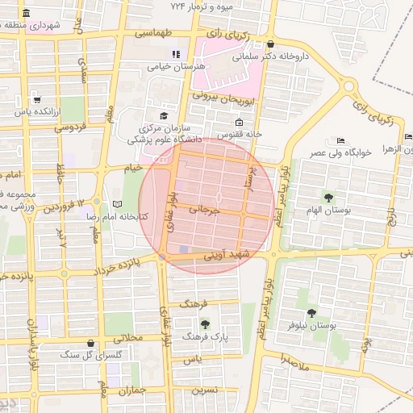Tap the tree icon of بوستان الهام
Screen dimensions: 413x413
[328, 198]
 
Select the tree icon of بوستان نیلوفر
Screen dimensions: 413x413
[311, 313]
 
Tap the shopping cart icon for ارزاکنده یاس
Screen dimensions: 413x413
[37, 99]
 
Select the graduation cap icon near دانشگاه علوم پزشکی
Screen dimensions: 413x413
[164, 116]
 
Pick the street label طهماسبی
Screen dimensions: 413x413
[153, 34]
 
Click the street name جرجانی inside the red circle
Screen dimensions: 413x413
[204, 209]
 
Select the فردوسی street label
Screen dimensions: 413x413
[70, 127]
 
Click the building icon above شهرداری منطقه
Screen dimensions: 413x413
[27, 14]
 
